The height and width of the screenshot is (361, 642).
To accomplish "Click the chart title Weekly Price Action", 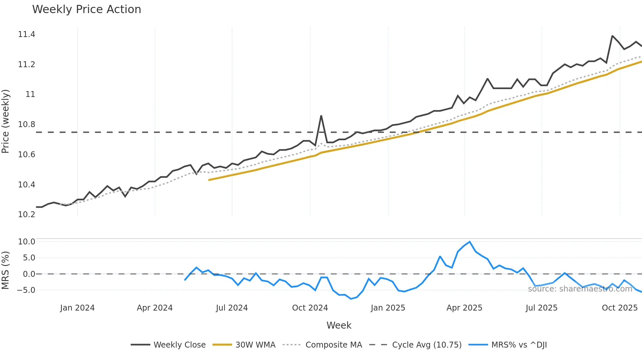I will coord(86,9).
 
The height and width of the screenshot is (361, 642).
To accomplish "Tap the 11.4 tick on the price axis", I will coord(27,34).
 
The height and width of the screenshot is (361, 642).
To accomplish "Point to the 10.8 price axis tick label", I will coord(27,124).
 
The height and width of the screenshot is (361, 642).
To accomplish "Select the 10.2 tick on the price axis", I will coord(27,215).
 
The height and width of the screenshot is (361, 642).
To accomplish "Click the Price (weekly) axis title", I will coord(6,121).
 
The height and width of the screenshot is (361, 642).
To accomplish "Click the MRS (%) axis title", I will coord(6,270).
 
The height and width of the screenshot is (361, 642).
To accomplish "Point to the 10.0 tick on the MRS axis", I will coord(27,242).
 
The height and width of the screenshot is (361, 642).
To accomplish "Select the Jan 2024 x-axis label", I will coord(77,308).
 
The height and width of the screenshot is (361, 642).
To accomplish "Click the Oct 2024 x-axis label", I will coord(310,308).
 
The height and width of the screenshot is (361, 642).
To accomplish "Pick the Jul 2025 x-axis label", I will coord(541,308).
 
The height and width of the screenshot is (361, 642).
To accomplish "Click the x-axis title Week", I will coord(339,325).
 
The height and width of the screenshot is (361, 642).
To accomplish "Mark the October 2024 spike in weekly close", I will coord(321,116).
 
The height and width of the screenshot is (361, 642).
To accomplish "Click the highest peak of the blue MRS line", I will coord(470,242).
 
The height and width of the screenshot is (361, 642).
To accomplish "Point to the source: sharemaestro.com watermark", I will coord(580,289).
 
